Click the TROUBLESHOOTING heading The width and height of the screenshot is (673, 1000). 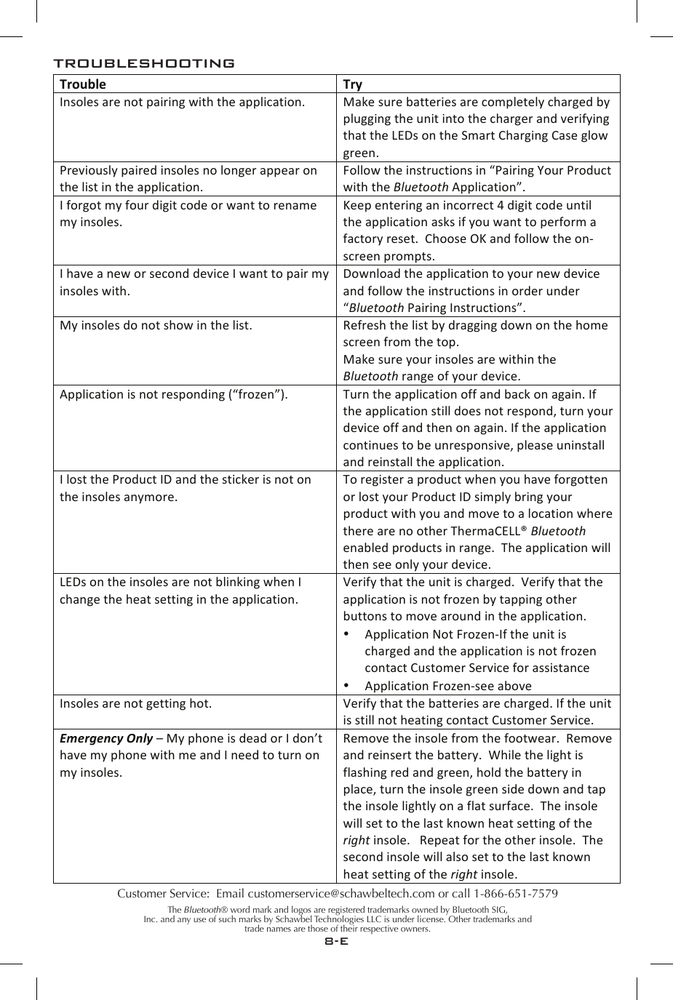(143, 63)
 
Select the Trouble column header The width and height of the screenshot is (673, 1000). (82, 84)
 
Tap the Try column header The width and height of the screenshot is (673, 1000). (352, 84)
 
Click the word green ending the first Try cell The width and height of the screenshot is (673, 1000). (360, 153)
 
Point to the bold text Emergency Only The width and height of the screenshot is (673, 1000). (106, 738)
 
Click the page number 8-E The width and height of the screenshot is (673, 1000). (336, 941)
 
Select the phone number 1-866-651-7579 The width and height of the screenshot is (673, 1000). (516, 893)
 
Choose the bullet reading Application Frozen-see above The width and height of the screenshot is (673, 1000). (447, 686)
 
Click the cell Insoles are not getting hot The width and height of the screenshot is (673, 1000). (136, 703)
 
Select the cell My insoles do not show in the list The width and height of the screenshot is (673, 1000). (156, 325)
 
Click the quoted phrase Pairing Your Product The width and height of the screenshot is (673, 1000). (551, 170)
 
